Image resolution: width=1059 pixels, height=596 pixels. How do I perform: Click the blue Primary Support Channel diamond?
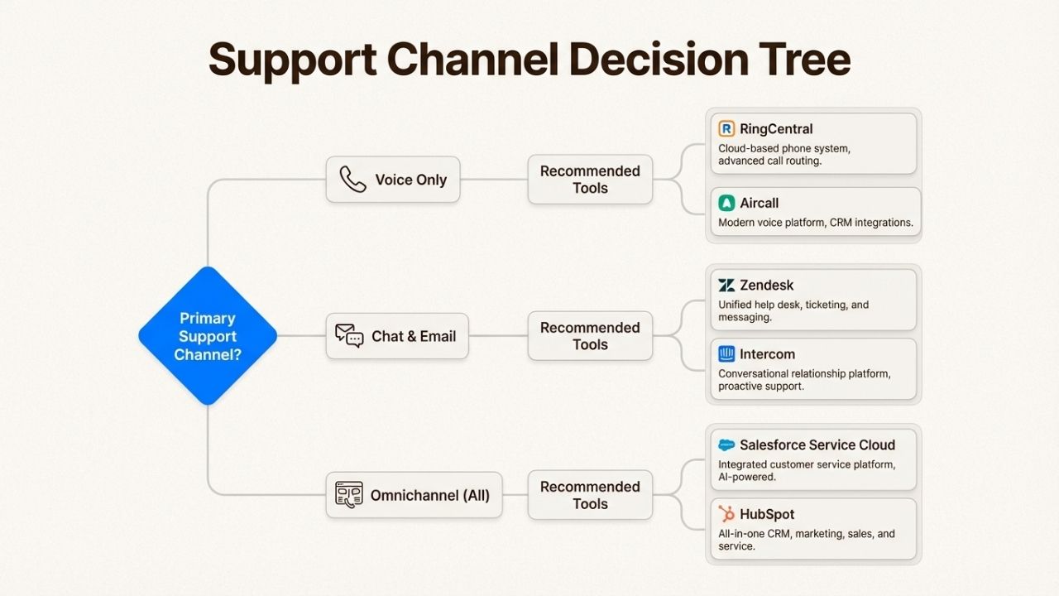pyautogui.click(x=207, y=336)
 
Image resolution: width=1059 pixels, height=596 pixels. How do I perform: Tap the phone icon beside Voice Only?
pyautogui.click(x=353, y=180)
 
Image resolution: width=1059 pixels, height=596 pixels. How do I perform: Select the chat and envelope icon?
pyautogui.click(x=349, y=336)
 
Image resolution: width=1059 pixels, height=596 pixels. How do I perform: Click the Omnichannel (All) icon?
pyautogui.click(x=349, y=495)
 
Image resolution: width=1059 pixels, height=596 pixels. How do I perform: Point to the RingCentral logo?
pyautogui.click(x=726, y=129)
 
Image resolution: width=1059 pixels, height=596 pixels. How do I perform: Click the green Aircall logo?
pyautogui.click(x=726, y=203)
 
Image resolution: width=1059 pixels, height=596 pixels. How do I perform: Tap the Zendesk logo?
pyautogui.click(x=726, y=286)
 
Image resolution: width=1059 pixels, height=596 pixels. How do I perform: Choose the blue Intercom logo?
pyautogui.click(x=726, y=354)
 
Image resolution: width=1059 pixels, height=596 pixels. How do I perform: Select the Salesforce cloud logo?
pyautogui.click(x=726, y=445)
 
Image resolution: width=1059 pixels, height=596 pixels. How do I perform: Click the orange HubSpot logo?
pyautogui.click(x=726, y=514)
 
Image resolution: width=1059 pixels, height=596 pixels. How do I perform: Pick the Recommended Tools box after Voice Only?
pyautogui.click(x=590, y=180)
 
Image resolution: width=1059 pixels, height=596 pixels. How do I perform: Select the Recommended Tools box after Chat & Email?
pyautogui.click(x=590, y=336)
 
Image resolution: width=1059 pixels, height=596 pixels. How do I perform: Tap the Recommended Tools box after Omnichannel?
pyautogui.click(x=590, y=495)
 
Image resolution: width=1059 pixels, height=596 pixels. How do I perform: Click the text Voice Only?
pyautogui.click(x=410, y=180)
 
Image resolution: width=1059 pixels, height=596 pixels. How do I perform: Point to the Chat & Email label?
pyautogui.click(x=414, y=336)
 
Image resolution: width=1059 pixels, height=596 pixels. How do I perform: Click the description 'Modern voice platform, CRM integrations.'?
pyautogui.click(x=816, y=223)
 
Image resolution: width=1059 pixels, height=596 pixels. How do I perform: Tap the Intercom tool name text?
pyautogui.click(x=767, y=354)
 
